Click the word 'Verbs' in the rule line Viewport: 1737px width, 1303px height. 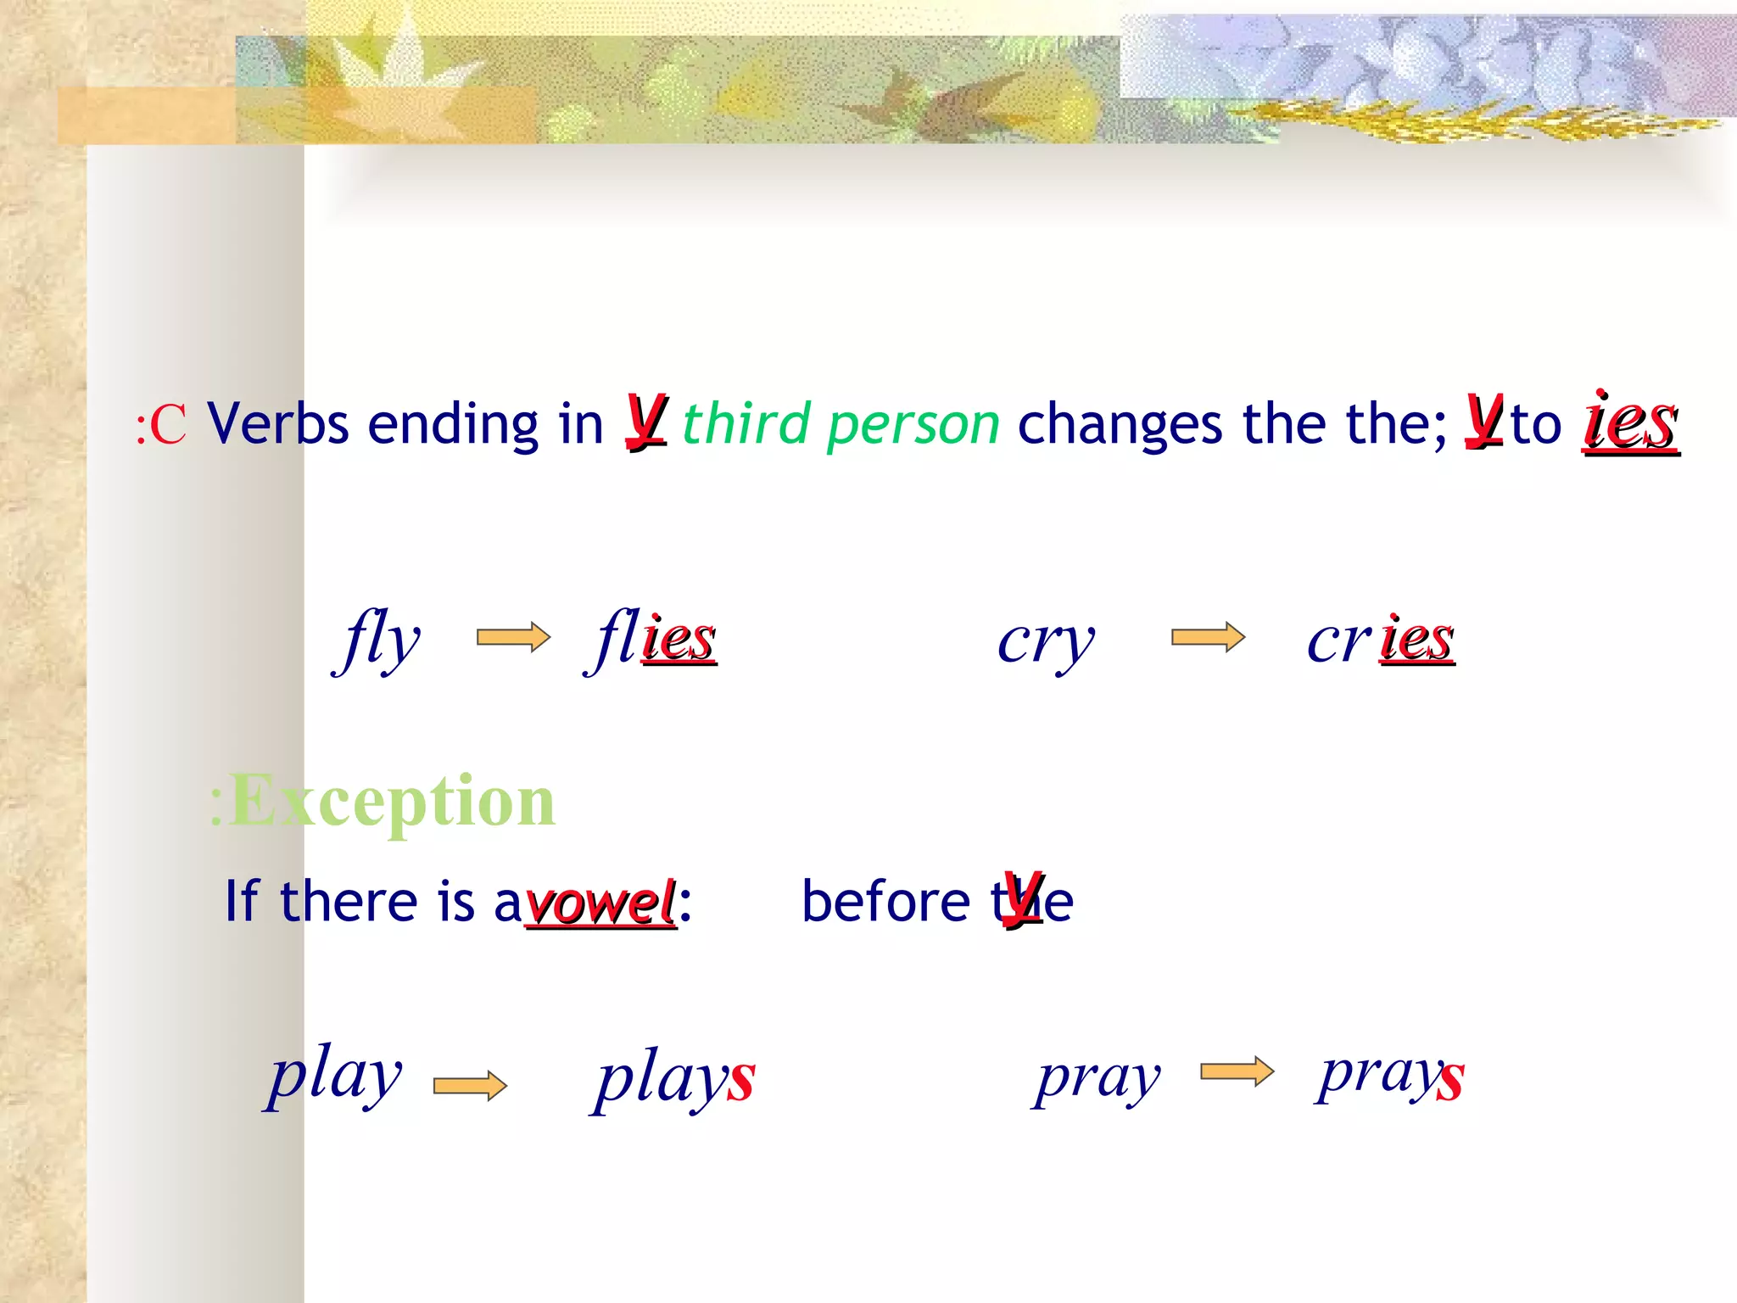(x=278, y=424)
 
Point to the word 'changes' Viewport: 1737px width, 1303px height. (x=1120, y=424)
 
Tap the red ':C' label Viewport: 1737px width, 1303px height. (x=161, y=425)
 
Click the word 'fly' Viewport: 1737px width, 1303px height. (x=377, y=640)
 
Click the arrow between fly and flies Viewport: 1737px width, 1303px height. (x=513, y=637)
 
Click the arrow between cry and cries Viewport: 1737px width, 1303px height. (x=1208, y=637)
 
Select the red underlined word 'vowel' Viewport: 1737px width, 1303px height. (x=600, y=903)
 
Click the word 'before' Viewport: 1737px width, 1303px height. (x=885, y=901)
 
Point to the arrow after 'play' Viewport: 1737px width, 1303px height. (x=470, y=1086)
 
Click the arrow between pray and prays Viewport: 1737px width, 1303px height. (x=1237, y=1072)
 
